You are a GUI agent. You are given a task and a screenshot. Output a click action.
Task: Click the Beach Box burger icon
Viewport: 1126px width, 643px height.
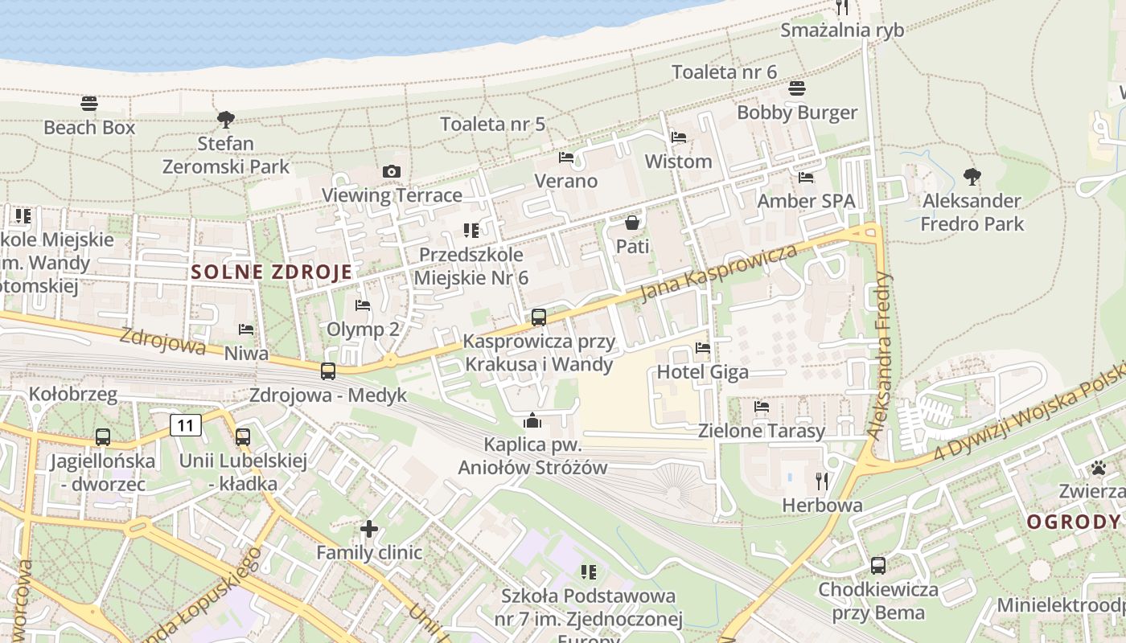pyautogui.click(x=89, y=104)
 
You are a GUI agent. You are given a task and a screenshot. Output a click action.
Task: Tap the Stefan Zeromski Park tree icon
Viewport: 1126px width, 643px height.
pyautogui.click(x=226, y=120)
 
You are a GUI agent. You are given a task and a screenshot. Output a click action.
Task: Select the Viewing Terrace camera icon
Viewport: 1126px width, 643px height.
pyautogui.click(x=392, y=171)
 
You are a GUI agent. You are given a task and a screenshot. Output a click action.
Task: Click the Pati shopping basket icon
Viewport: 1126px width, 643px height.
pyautogui.click(x=632, y=223)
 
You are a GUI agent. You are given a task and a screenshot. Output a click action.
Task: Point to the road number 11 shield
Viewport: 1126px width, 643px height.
pyautogui.click(x=186, y=425)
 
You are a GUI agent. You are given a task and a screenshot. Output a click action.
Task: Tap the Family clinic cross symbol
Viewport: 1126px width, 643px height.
pyautogui.click(x=369, y=529)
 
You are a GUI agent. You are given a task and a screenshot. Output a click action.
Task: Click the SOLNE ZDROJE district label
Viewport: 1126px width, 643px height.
pyautogui.click(x=272, y=272)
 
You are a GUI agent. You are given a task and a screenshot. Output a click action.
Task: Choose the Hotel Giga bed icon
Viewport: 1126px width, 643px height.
pyautogui.click(x=703, y=348)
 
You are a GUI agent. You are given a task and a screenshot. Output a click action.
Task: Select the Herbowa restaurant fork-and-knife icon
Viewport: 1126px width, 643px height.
pyautogui.click(x=822, y=481)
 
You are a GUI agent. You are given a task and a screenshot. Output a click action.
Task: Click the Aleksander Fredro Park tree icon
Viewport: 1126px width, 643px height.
pyautogui.click(x=972, y=176)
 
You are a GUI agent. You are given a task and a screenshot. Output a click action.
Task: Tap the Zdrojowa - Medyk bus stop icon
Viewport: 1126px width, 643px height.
pyautogui.click(x=328, y=371)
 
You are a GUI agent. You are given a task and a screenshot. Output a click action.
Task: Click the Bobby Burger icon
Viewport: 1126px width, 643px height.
pyautogui.click(x=797, y=88)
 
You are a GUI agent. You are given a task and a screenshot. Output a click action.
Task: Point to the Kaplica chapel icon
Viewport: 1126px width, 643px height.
pyautogui.click(x=532, y=420)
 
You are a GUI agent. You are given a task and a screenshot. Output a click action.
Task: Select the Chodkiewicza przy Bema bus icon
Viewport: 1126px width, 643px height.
pyautogui.click(x=878, y=566)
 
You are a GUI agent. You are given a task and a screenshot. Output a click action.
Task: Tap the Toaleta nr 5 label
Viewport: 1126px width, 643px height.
pyautogui.click(x=493, y=124)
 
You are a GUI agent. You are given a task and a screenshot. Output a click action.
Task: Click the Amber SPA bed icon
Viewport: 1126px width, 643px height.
pyautogui.click(x=806, y=178)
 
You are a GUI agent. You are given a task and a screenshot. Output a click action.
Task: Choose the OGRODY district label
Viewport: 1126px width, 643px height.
pyautogui.click(x=1074, y=522)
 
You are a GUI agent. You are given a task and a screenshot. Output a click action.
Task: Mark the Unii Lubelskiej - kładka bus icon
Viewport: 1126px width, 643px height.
pyautogui.click(x=242, y=437)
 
